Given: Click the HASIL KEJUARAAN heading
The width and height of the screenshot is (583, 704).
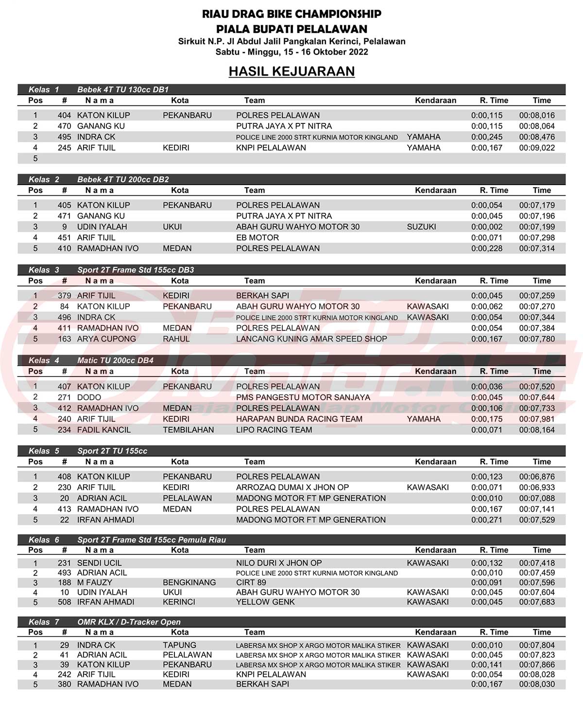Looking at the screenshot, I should [291, 71].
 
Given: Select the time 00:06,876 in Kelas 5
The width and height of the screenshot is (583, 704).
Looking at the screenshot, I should [537, 477].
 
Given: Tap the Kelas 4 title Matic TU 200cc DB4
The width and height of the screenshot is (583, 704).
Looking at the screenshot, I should [115, 361].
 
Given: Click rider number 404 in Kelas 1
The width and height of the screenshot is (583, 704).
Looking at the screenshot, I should [64, 115].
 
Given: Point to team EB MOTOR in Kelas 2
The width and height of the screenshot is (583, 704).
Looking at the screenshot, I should [257, 238].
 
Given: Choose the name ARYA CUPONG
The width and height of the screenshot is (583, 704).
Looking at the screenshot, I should [106, 339].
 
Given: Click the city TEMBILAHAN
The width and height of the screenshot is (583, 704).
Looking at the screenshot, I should [188, 429].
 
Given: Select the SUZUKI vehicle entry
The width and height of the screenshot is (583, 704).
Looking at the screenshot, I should [421, 227].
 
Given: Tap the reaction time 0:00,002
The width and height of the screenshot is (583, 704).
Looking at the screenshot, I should [487, 227].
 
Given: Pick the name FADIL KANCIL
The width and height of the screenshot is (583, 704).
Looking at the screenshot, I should [104, 429].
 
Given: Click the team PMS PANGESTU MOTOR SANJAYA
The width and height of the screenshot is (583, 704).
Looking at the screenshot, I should [296, 397].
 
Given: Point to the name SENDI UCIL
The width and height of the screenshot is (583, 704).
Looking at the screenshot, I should [100, 563].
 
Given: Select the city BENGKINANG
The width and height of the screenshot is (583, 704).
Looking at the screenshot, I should [189, 583].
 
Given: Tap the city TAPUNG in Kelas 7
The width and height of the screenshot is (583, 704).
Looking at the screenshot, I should [179, 645].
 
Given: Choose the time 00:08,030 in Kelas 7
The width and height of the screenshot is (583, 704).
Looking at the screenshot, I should [537, 684].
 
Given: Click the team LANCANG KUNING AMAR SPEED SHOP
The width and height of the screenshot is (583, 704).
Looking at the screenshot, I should [311, 339].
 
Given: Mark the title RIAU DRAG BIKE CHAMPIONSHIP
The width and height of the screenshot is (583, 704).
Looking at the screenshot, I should [291, 14].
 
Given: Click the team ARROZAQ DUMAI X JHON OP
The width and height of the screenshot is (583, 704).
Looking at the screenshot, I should [292, 487].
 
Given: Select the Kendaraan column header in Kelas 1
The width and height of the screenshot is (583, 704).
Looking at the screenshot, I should [435, 101].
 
